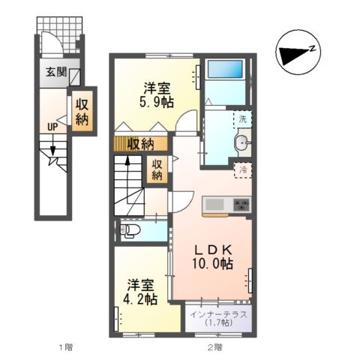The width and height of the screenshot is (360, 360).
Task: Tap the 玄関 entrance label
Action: click(55, 73)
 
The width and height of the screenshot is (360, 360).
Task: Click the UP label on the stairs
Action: click(52, 127)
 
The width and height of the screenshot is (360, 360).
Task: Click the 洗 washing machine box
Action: click(241, 118)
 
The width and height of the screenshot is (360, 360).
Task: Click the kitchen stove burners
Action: click(241, 204)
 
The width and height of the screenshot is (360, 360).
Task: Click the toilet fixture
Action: click(129, 229)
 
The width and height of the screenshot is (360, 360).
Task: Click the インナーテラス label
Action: click(218, 314)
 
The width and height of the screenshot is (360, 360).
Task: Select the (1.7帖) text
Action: click(218, 325)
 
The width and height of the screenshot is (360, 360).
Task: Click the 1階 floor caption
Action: click(65, 347)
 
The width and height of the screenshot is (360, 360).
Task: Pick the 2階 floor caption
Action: click(215, 347)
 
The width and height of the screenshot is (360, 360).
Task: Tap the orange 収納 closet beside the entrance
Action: click(82, 111)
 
